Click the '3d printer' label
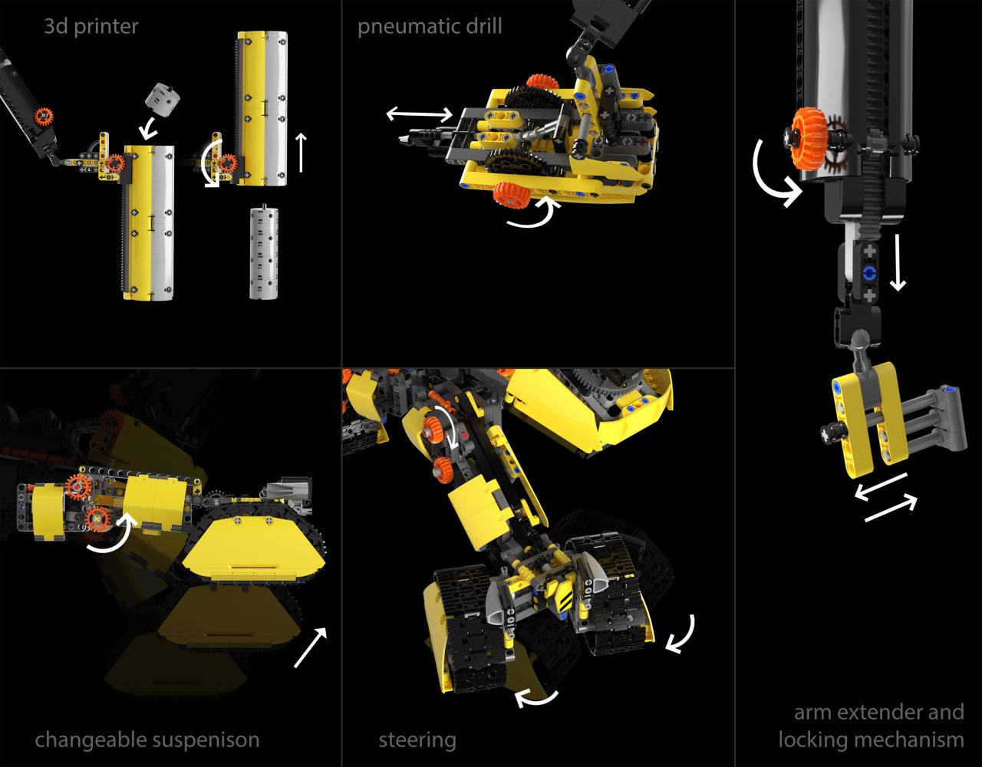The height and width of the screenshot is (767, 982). [91, 27]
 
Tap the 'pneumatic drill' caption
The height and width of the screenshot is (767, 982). [430, 27]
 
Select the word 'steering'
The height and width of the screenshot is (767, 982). [417, 741]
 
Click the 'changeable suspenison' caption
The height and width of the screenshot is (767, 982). [147, 740]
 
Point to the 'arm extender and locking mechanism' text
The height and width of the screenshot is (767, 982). [872, 726]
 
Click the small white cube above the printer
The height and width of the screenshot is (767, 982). [162, 96]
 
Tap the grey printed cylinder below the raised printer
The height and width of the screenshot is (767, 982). [264, 252]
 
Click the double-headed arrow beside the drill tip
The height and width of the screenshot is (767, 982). [420, 114]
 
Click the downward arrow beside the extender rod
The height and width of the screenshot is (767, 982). [898, 262]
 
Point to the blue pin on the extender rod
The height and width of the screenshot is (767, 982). [869, 273]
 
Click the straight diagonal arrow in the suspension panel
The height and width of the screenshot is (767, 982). [310, 647]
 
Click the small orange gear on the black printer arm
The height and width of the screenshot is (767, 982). [44, 117]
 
